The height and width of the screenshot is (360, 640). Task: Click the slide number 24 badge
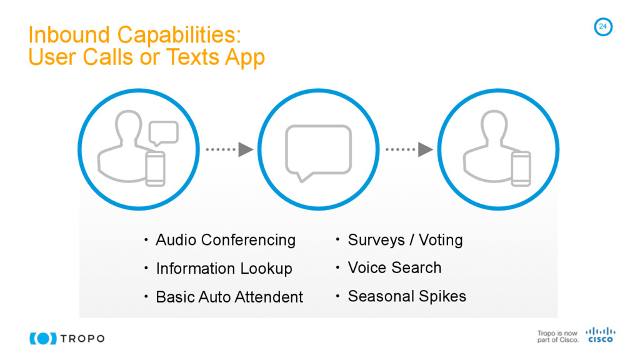pyautogui.click(x=602, y=26)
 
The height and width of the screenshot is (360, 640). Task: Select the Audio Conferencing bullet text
pyautogui.click(x=225, y=240)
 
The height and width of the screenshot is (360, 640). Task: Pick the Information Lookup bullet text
pyautogui.click(x=224, y=269)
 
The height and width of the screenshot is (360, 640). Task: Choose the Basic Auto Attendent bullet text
pyautogui.click(x=229, y=297)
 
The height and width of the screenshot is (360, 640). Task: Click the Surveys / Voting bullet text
pyautogui.click(x=405, y=240)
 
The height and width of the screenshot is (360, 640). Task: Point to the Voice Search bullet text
pyautogui.click(x=394, y=268)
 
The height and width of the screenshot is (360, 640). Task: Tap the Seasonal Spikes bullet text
pyautogui.click(x=407, y=296)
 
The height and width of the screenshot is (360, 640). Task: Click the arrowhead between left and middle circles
pyautogui.click(x=246, y=150)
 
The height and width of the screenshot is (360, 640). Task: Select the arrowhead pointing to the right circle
pyautogui.click(x=426, y=150)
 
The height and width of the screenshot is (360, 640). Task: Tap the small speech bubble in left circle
pyautogui.click(x=164, y=132)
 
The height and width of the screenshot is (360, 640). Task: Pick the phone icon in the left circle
pyautogui.click(x=155, y=168)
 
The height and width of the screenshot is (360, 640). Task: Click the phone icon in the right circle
pyautogui.click(x=521, y=168)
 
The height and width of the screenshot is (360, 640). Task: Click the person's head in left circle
pyautogui.click(x=128, y=127)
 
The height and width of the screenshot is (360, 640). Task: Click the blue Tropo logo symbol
pyautogui.click(x=42, y=338)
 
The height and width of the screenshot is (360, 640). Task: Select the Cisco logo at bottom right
pyautogui.click(x=600, y=335)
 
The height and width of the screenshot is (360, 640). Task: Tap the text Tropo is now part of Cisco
pyautogui.click(x=557, y=337)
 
